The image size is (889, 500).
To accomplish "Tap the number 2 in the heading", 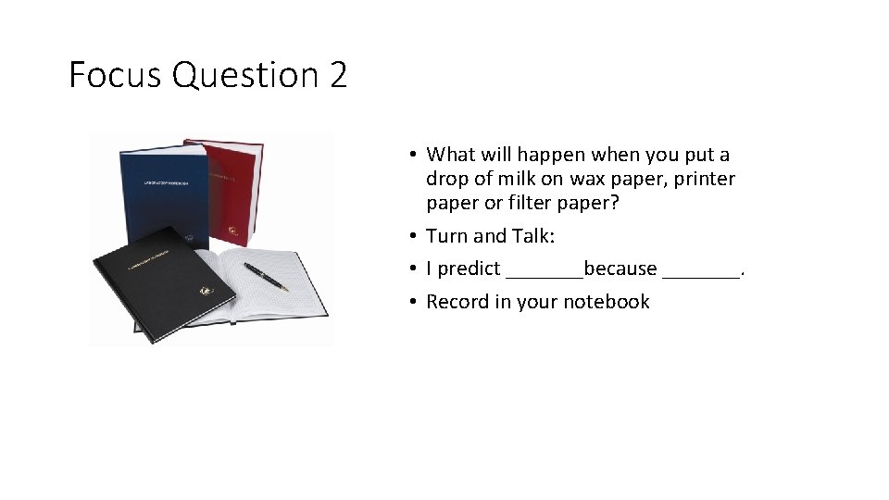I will (337, 75).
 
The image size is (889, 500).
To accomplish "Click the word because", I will (620, 269).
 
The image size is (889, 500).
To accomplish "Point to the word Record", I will (457, 302).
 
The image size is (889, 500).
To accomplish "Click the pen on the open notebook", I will (266, 276).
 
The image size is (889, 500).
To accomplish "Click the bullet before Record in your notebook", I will (414, 302).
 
